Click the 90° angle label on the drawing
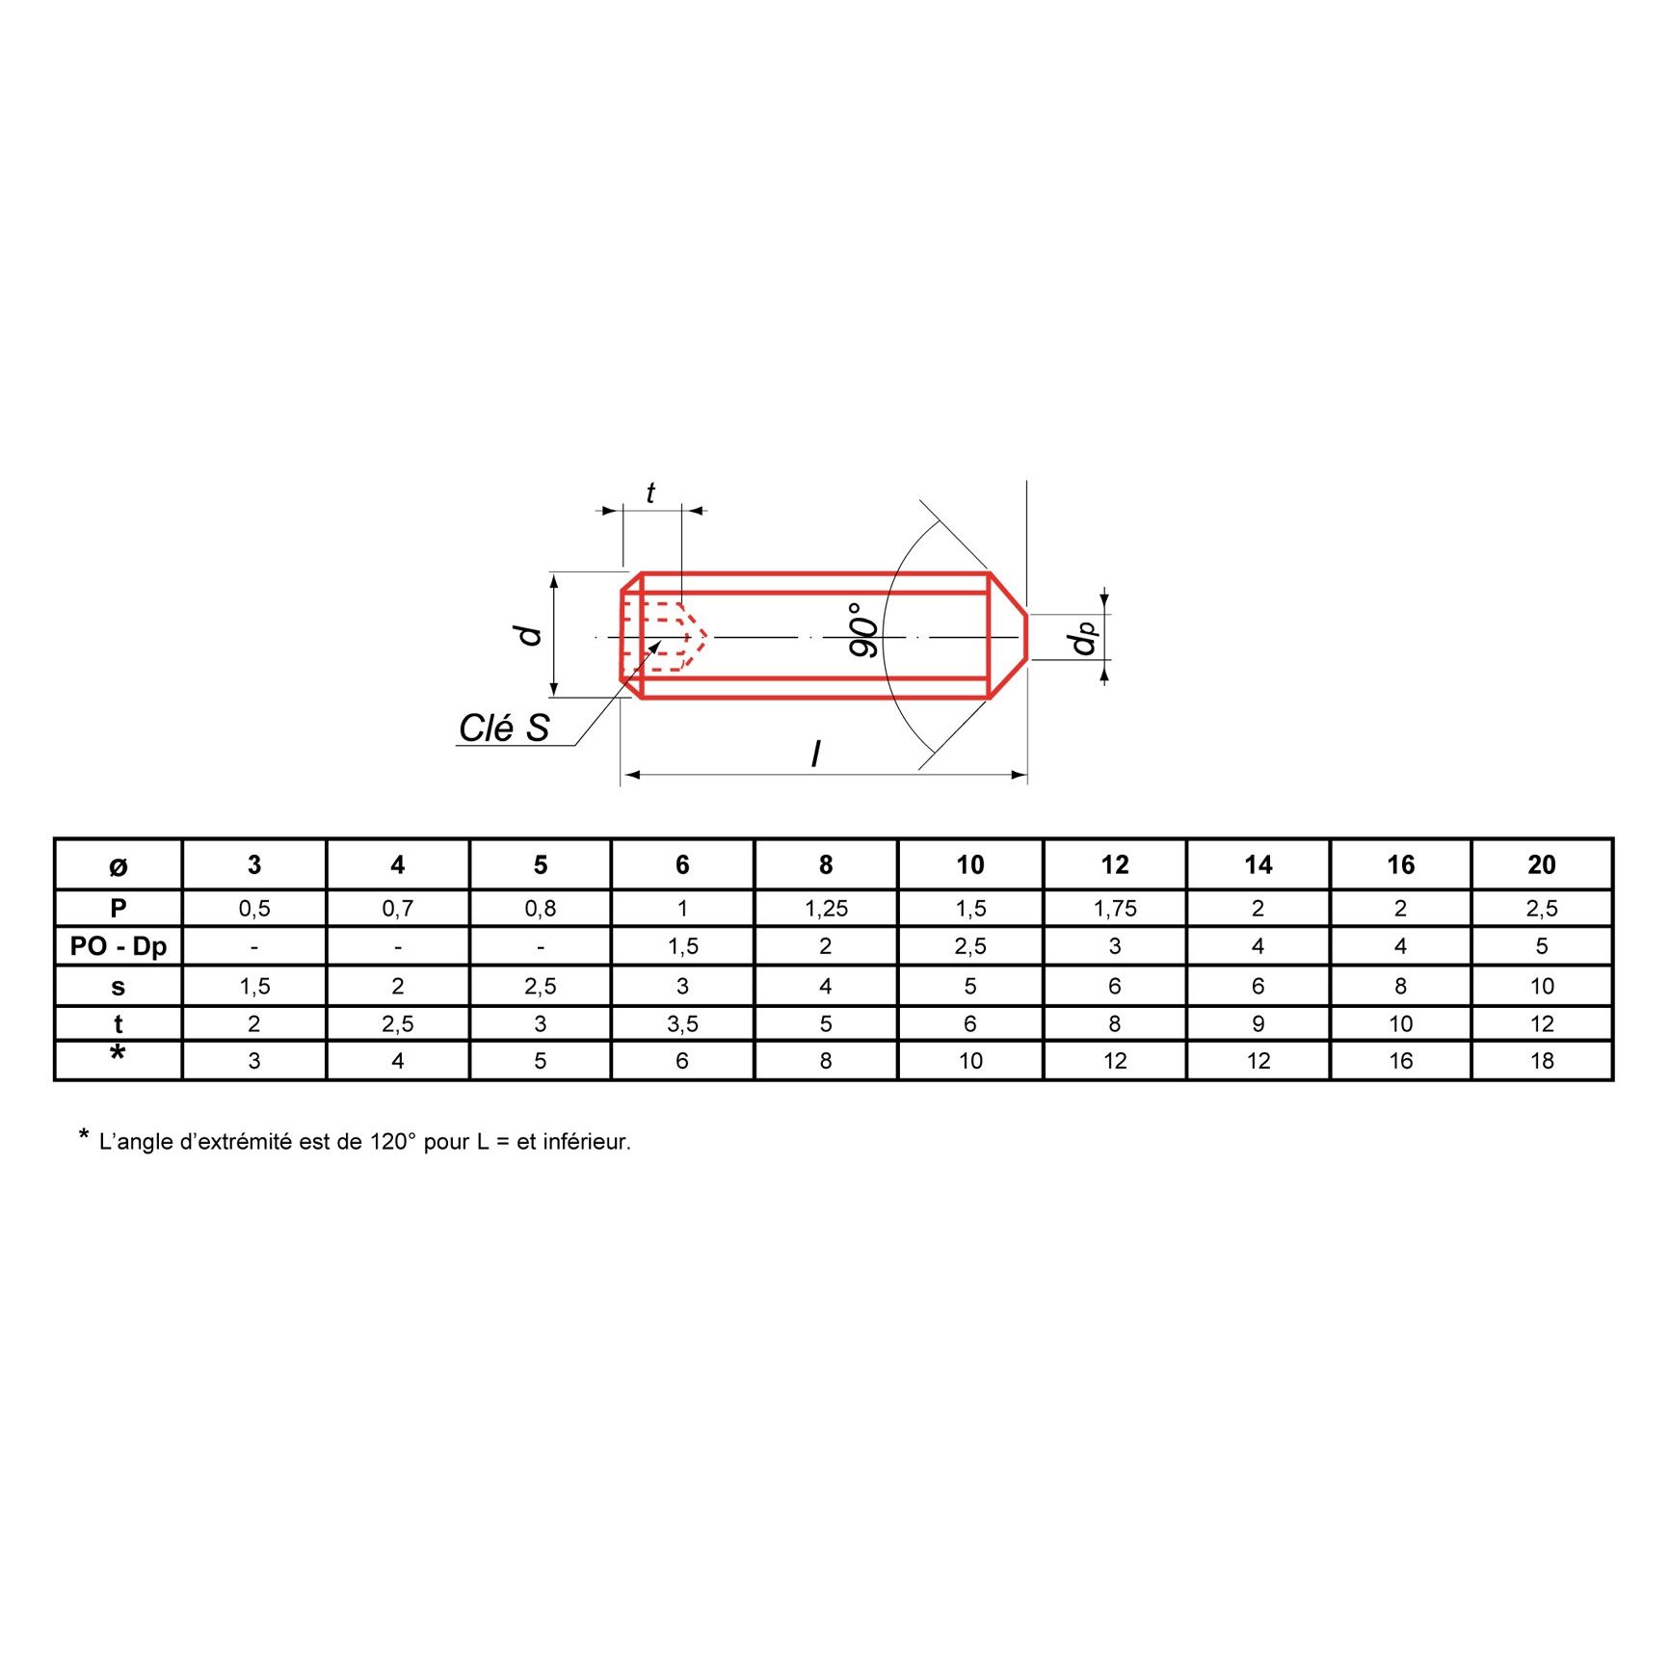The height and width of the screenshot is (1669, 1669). click(863, 630)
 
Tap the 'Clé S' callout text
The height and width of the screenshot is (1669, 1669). click(504, 729)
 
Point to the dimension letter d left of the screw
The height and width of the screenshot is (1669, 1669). click(528, 634)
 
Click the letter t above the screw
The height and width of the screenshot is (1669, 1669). click(650, 493)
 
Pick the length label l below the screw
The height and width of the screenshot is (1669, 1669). click(817, 753)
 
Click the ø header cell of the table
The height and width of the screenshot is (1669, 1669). click(119, 866)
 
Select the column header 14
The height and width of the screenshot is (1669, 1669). click(1258, 864)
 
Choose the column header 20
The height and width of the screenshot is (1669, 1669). click(1542, 864)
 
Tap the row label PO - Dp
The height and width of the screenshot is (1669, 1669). click(119, 946)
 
